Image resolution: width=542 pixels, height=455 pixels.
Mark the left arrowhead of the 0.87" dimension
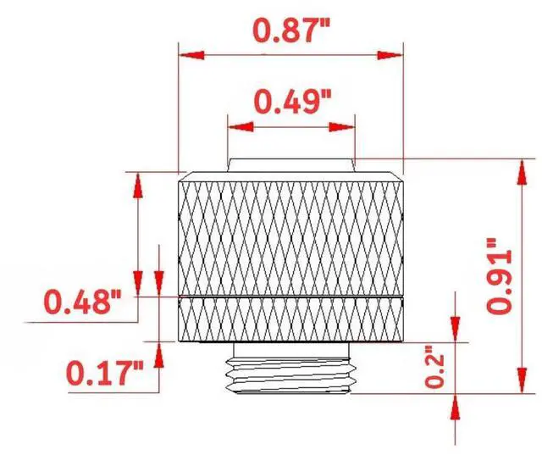point(191,55)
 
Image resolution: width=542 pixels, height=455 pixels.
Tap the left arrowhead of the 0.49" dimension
point(238,127)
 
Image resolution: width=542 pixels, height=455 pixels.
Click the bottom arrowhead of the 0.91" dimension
point(517,382)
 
